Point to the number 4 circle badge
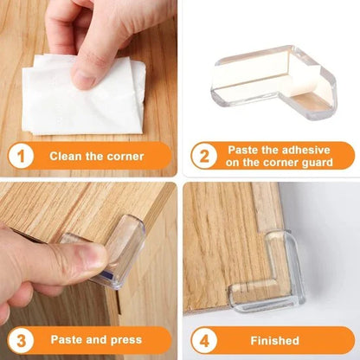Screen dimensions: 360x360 coord(204,340)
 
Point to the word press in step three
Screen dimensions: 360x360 coord(124,340)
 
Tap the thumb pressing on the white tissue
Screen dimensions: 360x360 coord(87,73)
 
